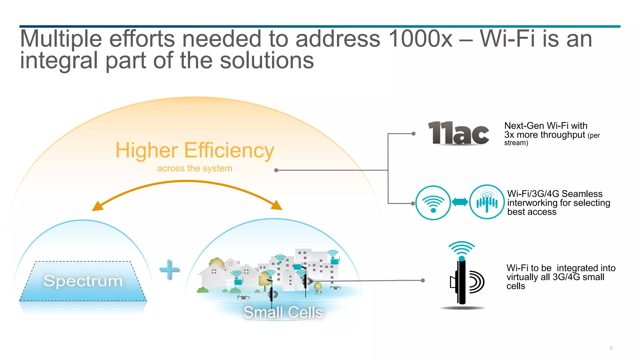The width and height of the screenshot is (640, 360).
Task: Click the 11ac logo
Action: point(458,133)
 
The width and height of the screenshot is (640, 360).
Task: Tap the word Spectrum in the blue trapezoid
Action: point(83,281)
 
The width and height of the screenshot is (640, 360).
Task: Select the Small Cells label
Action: point(283,312)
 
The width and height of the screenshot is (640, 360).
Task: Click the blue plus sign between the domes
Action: point(169,269)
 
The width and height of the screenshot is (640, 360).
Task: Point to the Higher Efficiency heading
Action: point(195,150)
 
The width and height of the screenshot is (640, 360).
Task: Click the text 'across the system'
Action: point(195,168)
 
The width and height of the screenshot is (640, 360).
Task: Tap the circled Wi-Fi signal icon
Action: point(433,203)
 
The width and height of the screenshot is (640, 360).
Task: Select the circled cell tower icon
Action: point(487,202)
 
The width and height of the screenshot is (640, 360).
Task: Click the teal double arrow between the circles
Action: point(460,202)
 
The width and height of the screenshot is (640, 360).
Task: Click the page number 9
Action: point(611,348)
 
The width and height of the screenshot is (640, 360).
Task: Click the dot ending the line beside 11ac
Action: point(413,134)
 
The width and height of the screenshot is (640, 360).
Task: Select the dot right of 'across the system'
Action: point(276,170)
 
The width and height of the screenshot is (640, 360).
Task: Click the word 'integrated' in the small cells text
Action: point(577,268)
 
